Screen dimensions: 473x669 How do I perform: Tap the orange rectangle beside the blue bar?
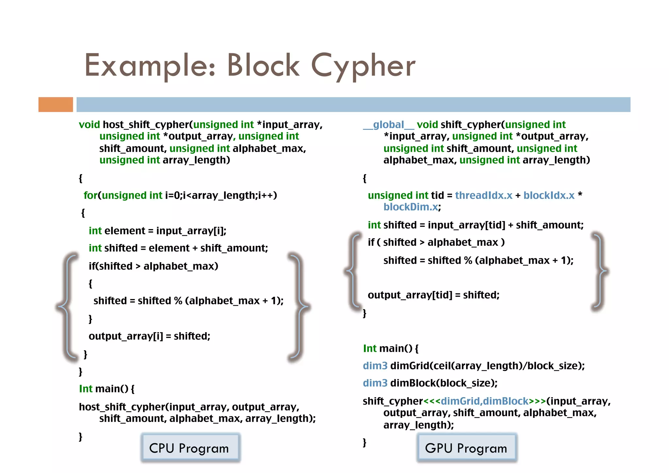click(x=56, y=105)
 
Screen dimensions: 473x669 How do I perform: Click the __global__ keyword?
click(x=388, y=125)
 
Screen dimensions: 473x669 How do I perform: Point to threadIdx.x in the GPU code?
click(x=483, y=195)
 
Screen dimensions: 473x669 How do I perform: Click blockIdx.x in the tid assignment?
click(x=548, y=195)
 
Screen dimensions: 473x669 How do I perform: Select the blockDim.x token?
click(x=411, y=207)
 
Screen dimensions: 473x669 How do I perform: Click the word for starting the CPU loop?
click(x=90, y=195)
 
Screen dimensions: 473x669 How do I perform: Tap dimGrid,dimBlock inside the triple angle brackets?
click(x=484, y=401)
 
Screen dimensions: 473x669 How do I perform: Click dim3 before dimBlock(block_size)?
click(x=375, y=383)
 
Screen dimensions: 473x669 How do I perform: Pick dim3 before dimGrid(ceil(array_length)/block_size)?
click(x=375, y=366)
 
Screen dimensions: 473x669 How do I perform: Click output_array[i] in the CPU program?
click(x=125, y=336)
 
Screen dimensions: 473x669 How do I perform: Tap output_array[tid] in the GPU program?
click(x=410, y=295)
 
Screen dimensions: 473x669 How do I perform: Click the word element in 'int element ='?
click(x=124, y=231)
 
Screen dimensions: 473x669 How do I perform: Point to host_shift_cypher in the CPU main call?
click(x=122, y=407)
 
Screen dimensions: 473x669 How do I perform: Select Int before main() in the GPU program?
click(x=369, y=348)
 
